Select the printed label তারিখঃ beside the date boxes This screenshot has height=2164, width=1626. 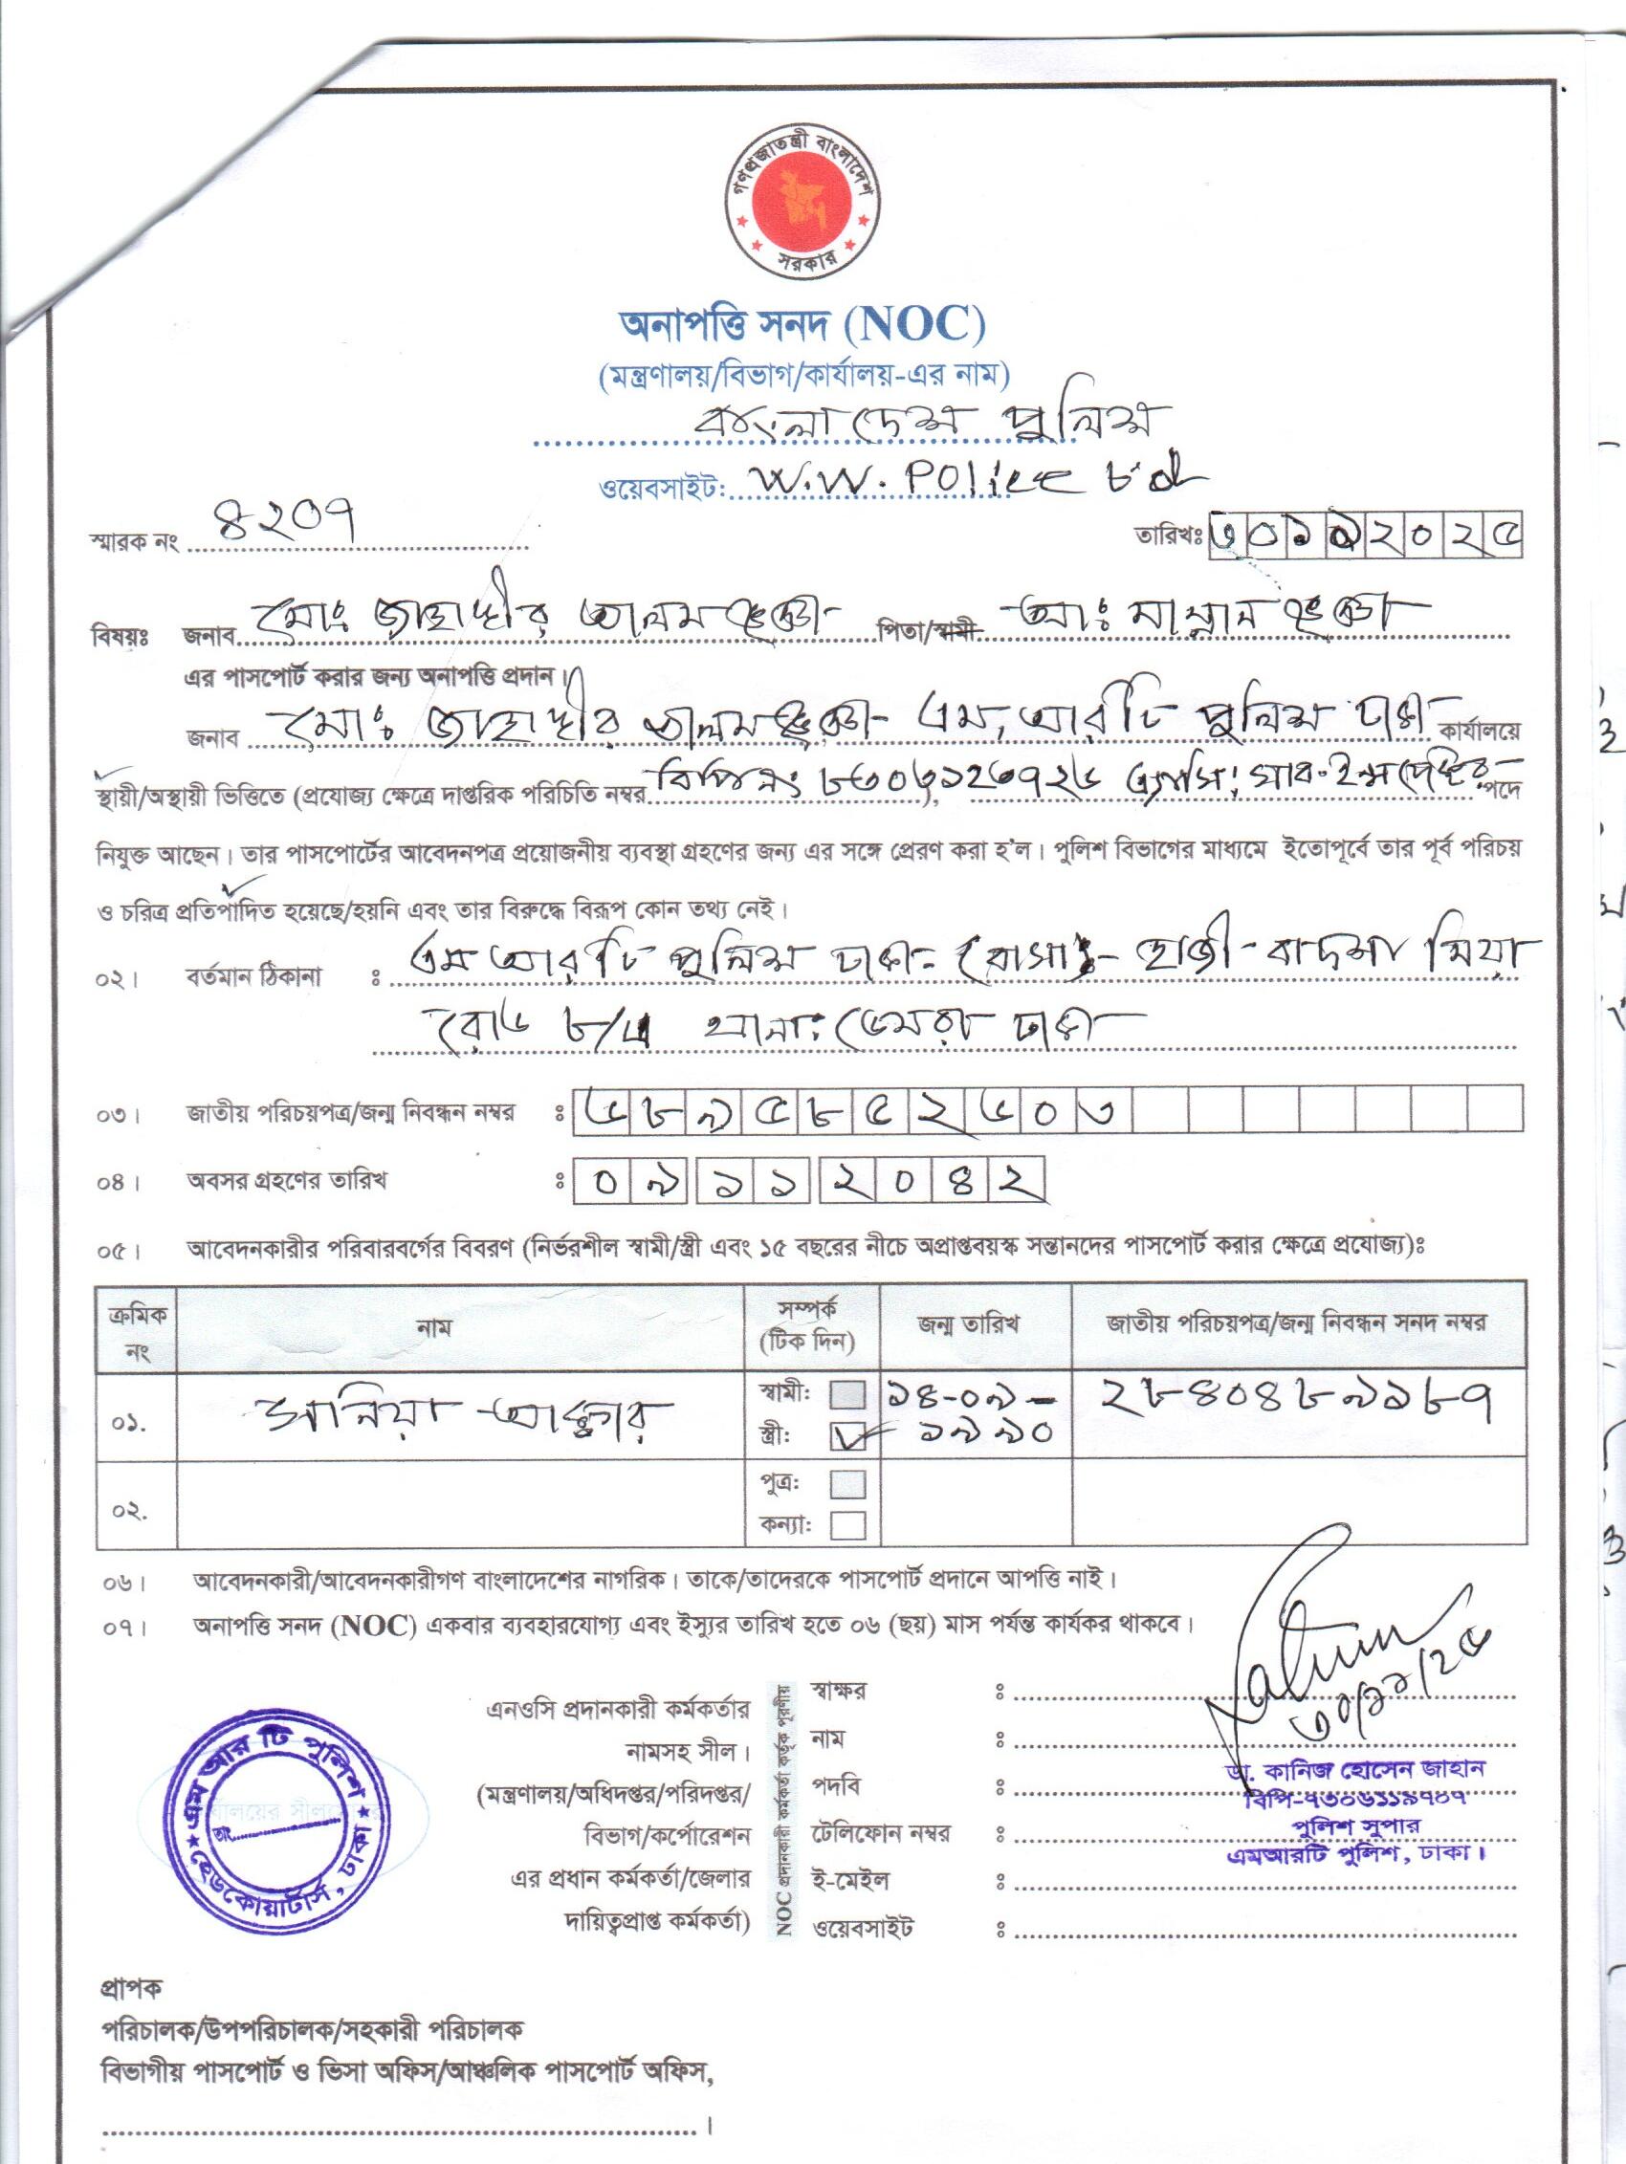coord(1168,537)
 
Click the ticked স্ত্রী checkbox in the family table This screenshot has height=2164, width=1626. coord(847,1435)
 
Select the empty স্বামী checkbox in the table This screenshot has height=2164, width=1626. coord(847,1393)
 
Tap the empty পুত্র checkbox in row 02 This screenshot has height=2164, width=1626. coord(847,1484)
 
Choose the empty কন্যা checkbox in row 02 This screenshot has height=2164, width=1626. coord(847,1524)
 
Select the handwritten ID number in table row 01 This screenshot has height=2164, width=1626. coord(1296,1404)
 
